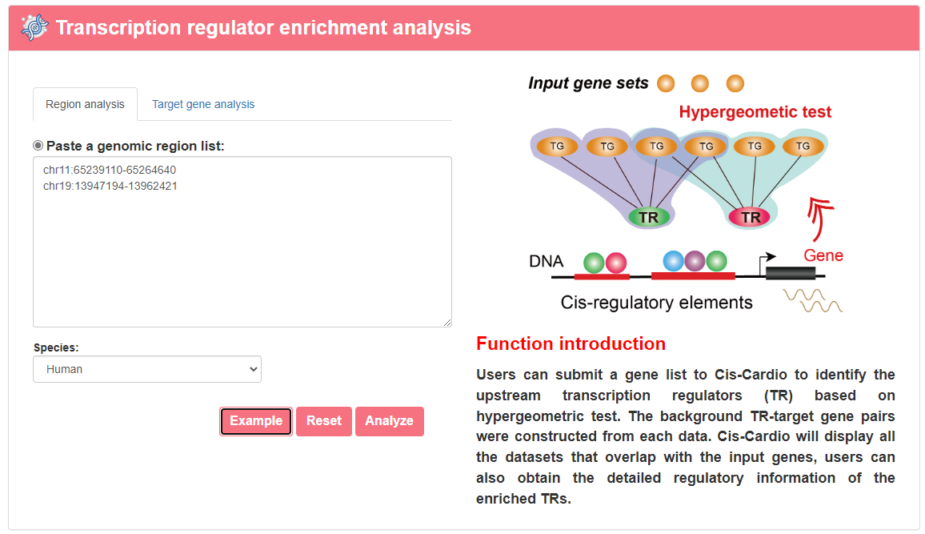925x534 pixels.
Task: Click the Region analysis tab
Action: [x=85, y=104]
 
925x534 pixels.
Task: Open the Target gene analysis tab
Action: [x=203, y=104]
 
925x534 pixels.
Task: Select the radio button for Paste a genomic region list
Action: [x=38, y=145]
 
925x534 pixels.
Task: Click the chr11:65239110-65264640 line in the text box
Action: [x=110, y=170]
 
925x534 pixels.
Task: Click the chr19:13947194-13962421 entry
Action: [x=110, y=186]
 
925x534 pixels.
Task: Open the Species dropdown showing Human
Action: [x=147, y=369]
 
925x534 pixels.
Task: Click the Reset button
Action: [x=324, y=420]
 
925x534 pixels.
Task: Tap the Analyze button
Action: [x=390, y=420]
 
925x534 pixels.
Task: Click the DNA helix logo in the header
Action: [x=34, y=27]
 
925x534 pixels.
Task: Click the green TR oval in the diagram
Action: [x=649, y=217]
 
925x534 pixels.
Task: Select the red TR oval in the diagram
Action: [x=750, y=217]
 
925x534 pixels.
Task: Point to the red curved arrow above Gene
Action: [x=819, y=219]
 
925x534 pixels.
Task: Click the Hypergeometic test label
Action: [x=755, y=111]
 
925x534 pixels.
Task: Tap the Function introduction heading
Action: [x=571, y=343]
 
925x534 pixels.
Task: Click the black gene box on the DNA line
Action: [x=791, y=273]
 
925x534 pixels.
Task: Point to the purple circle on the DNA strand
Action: [x=695, y=261]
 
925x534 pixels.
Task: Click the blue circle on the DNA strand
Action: [x=674, y=261]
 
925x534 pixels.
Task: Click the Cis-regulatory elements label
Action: [x=657, y=303]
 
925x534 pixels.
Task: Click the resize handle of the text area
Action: [x=447, y=322]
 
